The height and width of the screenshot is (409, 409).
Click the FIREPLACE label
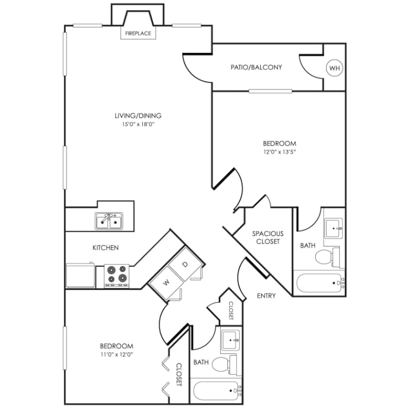coord(138,34)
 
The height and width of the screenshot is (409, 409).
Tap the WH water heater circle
coord(334,68)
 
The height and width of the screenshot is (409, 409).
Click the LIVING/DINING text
coord(138,116)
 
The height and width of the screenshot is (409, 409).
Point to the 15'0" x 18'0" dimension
coord(138,124)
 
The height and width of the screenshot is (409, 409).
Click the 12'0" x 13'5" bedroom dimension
coord(279,152)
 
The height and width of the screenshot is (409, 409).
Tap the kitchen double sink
coord(109,221)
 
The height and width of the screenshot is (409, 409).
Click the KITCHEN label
coord(105,248)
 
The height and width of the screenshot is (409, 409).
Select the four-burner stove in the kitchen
coord(117,275)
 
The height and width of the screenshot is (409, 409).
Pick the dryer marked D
coord(185,264)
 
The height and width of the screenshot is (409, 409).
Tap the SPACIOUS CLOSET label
coord(267,237)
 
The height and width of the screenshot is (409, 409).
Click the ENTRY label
coord(266,296)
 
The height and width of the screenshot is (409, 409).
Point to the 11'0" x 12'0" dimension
coord(117,354)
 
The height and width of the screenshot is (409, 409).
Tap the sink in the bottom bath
coord(231,341)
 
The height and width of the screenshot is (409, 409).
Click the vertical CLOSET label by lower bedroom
coord(179,375)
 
